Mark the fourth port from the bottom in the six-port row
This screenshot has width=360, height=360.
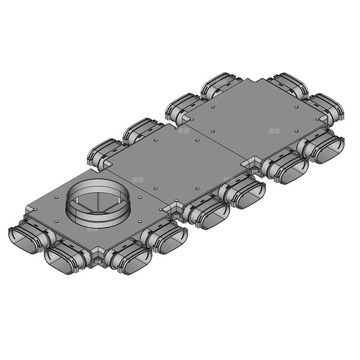point(243,195)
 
